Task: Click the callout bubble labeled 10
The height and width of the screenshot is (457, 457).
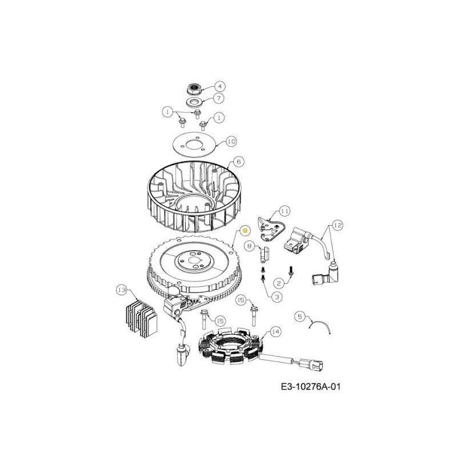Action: tap(231, 141)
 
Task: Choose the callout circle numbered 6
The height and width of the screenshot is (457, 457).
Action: tap(239, 162)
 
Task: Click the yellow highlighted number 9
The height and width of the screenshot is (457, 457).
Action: tap(245, 230)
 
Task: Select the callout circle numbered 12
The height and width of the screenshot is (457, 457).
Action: tap(338, 226)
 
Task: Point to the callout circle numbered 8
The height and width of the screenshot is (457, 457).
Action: tap(249, 246)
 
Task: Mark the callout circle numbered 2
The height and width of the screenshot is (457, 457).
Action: tap(279, 283)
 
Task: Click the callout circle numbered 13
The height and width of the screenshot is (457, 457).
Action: tap(121, 290)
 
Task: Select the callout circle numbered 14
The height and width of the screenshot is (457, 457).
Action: tap(275, 331)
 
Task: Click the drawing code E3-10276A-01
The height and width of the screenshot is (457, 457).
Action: tap(311, 387)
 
